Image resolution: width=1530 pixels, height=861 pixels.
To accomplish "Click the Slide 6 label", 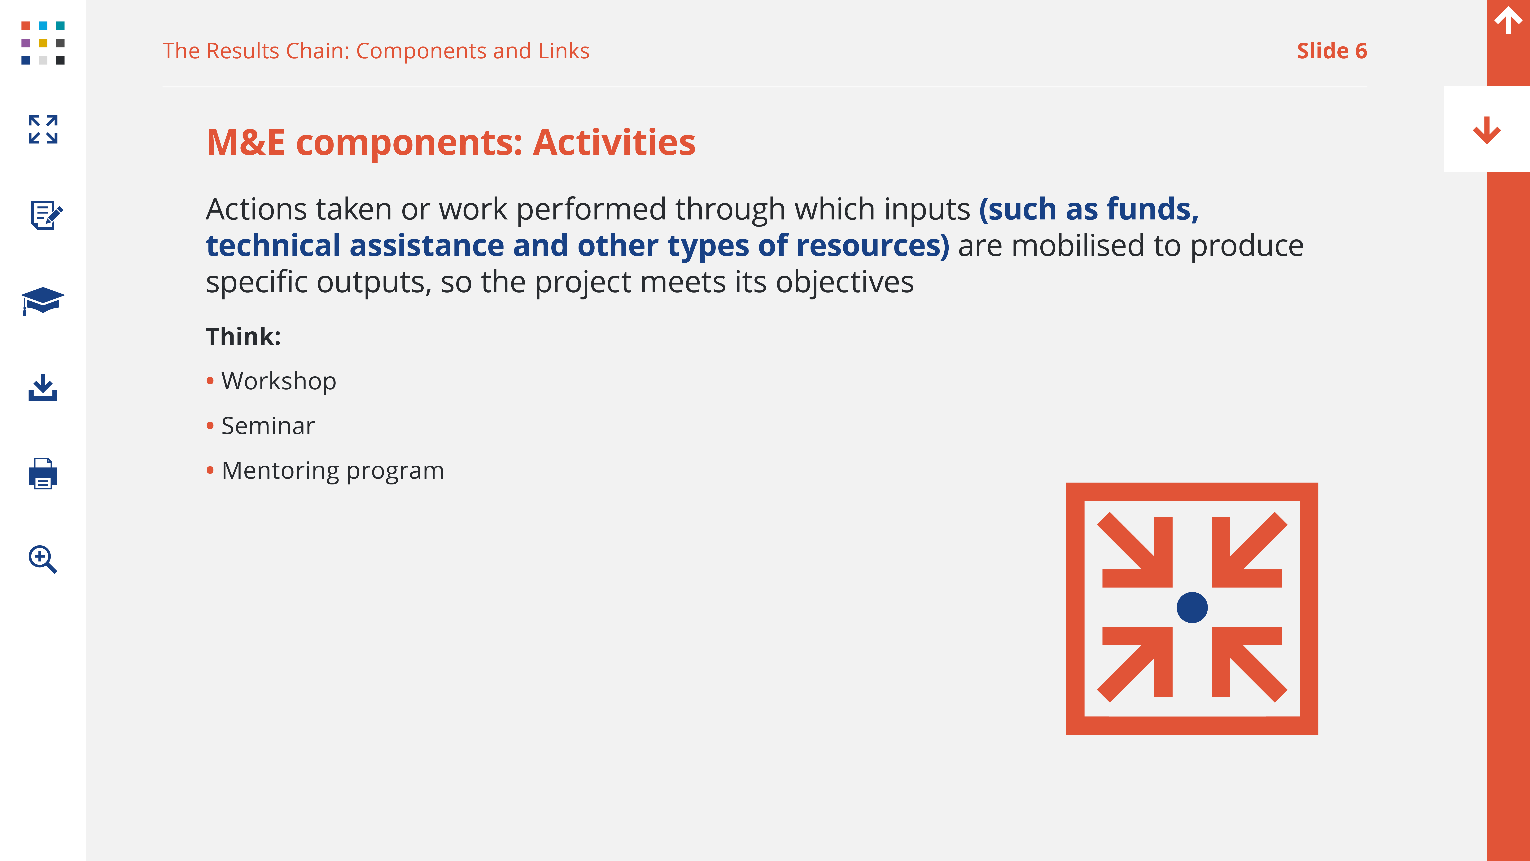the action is pos(1332,51).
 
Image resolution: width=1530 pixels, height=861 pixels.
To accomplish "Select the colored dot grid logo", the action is pos(43,43).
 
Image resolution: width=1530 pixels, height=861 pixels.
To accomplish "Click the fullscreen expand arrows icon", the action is pos(43,129).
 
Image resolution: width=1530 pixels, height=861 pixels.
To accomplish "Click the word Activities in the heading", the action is pos(614,143).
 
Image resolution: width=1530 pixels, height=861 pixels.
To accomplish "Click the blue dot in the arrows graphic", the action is pos(1192,607).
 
